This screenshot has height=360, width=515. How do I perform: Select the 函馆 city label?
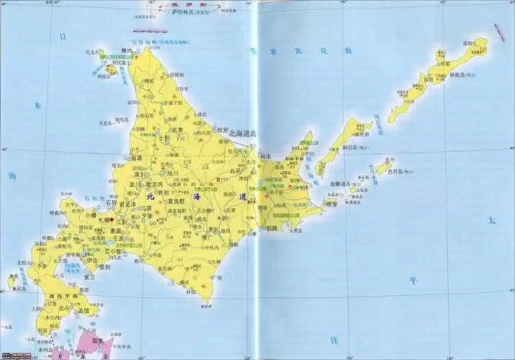[x=84, y=310]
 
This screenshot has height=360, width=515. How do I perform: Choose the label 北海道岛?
[x=244, y=134]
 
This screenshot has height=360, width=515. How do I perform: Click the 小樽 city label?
[x=90, y=214]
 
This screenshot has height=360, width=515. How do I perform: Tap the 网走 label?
[x=265, y=156]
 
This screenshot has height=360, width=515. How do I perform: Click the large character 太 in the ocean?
[x=493, y=220]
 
